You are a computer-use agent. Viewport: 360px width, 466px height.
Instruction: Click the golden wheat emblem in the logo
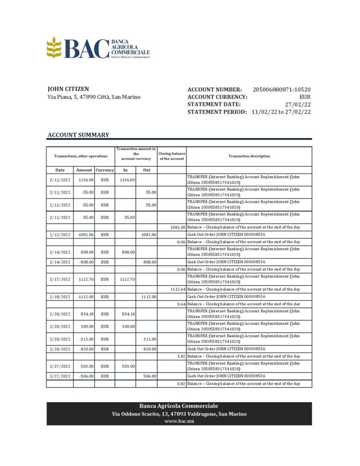(x=54, y=47)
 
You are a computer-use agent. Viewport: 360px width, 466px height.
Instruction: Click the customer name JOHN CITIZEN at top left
(x=68, y=89)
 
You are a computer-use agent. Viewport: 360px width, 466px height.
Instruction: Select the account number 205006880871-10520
(x=282, y=90)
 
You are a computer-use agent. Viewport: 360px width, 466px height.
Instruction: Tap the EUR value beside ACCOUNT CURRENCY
(x=305, y=97)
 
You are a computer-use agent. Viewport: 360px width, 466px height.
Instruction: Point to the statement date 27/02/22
(x=298, y=104)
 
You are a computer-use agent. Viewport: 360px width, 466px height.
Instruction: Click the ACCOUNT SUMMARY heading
(x=78, y=135)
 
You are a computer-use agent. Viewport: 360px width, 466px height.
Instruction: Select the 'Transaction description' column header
(x=249, y=156)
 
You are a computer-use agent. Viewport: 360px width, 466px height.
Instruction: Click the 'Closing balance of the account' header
(x=172, y=156)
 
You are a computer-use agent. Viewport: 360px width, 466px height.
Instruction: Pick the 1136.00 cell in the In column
(x=127, y=180)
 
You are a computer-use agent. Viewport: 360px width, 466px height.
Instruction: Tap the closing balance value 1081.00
(x=178, y=227)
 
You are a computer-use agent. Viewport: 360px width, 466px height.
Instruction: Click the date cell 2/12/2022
(x=60, y=234)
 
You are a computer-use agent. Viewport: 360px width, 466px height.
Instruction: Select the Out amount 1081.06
(x=148, y=234)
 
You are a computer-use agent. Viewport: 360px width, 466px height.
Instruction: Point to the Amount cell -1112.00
(x=84, y=297)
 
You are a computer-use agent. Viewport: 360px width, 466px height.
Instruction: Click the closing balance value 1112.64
(x=177, y=289)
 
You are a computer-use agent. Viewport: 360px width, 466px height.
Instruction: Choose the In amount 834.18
(x=127, y=314)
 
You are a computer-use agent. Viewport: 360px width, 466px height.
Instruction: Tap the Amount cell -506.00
(x=85, y=376)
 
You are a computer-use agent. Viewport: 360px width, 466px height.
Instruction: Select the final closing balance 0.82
(x=180, y=384)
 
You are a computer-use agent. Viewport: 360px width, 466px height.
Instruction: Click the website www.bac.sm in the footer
(x=179, y=421)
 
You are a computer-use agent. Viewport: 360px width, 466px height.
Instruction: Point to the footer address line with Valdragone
(x=179, y=414)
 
